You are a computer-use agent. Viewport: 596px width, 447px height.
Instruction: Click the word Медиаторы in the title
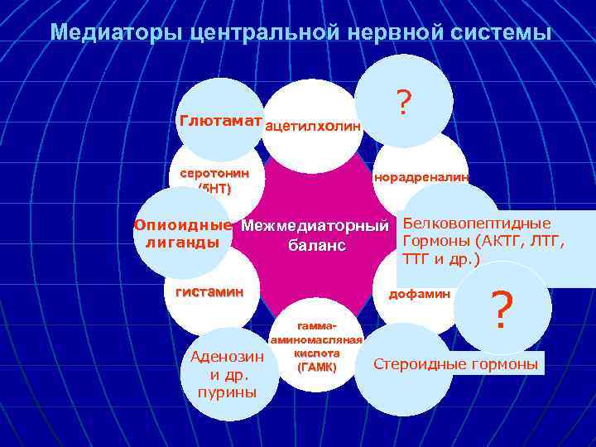click(116, 32)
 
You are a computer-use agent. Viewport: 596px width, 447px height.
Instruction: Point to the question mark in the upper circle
click(403, 103)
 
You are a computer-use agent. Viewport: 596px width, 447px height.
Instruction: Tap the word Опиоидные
click(183, 224)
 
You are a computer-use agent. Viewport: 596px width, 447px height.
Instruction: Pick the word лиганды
click(183, 243)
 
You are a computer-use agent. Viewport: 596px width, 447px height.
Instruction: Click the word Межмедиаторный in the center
click(315, 225)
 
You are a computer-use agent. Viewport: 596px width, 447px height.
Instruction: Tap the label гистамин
click(209, 291)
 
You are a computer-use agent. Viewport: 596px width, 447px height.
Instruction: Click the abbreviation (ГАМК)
click(316, 367)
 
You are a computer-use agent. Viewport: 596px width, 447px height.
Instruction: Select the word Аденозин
click(227, 358)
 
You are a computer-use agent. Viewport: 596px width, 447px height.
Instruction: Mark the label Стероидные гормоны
click(456, 364)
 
